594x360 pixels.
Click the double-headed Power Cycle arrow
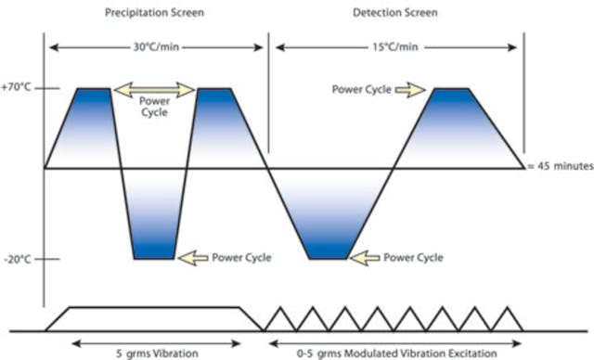pos(154,89)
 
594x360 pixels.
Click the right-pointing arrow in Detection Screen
pos(409,89)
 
